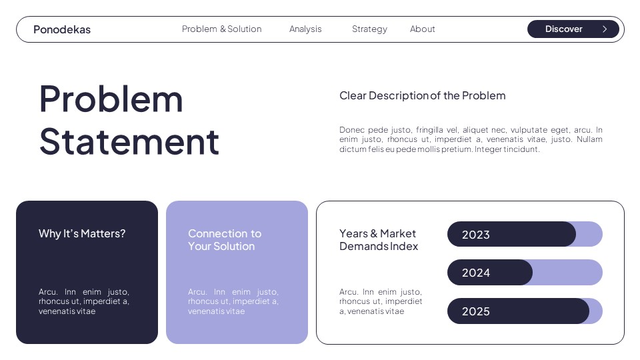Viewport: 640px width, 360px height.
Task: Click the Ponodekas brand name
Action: [x=62, y=29]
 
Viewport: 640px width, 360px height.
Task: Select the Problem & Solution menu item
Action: [x=221, y=29]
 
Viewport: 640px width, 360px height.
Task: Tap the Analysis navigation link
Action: [x=305, y=29]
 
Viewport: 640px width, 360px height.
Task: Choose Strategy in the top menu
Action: [x=369, y=29]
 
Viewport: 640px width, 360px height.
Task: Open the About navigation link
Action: [x=423, y=29]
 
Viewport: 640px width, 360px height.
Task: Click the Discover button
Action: [x=564, y=29]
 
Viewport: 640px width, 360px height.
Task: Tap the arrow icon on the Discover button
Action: [x=605, y=29]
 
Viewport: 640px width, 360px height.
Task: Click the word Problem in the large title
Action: [x=111, y=99]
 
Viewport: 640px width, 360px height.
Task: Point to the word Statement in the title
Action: [x=129, y=141]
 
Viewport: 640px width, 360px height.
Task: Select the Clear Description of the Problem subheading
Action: [x=423, y=95]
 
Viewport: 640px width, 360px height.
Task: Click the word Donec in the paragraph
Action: [x=353, y=130]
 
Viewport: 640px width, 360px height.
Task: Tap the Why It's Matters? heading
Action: [x=82, y=233]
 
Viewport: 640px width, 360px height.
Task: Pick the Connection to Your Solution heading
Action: [x=225, y=240]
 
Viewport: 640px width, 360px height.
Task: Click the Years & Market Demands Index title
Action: [x=379, y=240]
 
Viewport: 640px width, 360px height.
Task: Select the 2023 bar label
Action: [x=476, y=235]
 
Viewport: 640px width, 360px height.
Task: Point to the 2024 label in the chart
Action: [x=476, y=273]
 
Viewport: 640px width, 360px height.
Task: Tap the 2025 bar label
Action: [x=476, y=311]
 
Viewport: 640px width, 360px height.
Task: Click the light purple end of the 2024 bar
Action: [x=567, y=273]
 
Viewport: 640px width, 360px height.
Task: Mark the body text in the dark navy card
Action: [x=84, y=301]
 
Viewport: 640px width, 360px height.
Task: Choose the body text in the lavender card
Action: [x=233, y=301]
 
